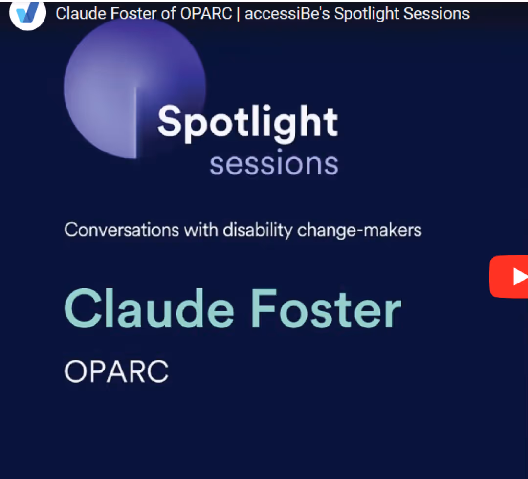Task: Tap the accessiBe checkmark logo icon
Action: (27, 14)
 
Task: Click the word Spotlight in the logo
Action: (247, 123)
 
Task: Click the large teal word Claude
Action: (149, 308)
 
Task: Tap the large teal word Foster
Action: (326, 308)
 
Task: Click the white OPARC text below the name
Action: (116, 371)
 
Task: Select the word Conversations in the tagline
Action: (122, 230)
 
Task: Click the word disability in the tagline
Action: (258, 231)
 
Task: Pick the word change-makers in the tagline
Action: (359, 230)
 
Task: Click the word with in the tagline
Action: (201, 230)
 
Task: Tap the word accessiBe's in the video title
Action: (287, 14)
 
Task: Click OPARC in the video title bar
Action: (206, 14)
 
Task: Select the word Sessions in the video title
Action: (437, 14)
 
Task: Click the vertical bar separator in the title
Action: (239, 14)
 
